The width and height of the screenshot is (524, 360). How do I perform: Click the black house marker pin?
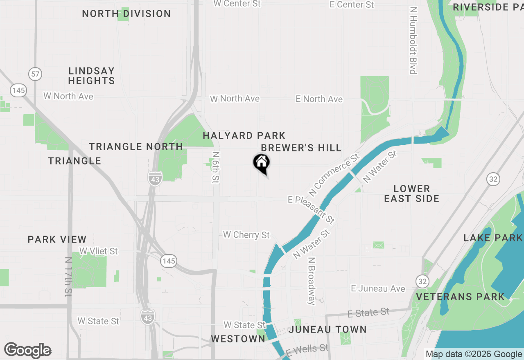click(x=261, y=163)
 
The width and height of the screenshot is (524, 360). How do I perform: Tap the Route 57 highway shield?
click(x=36, y=74)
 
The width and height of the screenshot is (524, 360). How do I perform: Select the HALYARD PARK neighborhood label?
click(x=244, y=135)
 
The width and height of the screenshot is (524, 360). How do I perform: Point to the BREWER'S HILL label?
click(x=301, y=148)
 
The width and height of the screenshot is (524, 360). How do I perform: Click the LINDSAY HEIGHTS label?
click(x=91, y=76)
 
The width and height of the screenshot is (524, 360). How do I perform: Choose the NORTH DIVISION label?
click(x=126, y=13)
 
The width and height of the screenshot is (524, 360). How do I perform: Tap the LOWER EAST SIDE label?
click(x=411, y=193)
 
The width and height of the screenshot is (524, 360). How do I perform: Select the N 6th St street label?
click(x=216, y=167)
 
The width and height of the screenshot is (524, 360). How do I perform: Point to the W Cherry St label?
click(x=246, y=235)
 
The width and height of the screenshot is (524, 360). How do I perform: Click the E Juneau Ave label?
click(x=378, y=288)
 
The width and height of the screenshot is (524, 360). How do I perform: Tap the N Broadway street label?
click(x=312, y=281)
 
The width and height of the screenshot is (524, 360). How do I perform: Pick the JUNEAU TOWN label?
click(x=327, y=329)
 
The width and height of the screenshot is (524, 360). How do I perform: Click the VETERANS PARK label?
click(x=461, y=297)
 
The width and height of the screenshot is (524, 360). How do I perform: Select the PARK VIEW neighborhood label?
click(x=57, y=239)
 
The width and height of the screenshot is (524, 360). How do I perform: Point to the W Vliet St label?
click(x=99, y=251)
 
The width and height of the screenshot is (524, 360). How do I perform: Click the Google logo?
click(x=27, y=351)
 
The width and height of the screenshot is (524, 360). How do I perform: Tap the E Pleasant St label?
click(x=312, y=210)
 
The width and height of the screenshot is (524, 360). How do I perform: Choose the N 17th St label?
click(x=68, y=277)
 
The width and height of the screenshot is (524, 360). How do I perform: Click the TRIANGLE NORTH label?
click(x=136, y=146)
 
